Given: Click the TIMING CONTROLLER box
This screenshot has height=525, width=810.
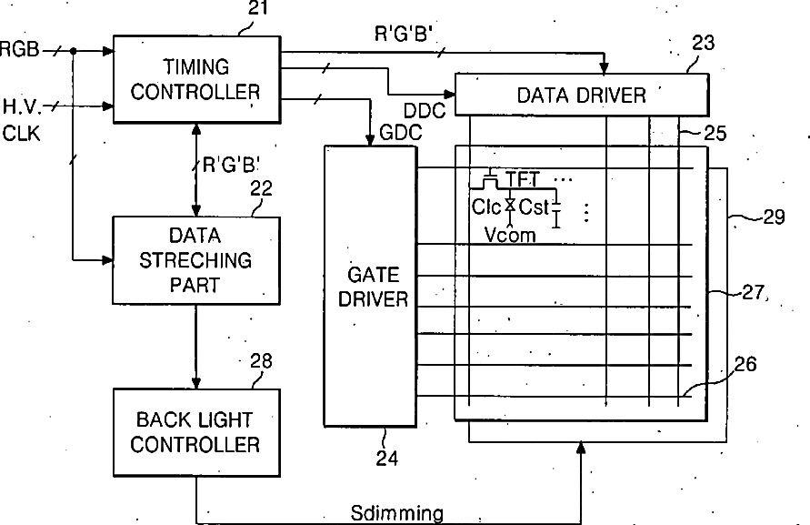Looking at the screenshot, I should pos(196,79).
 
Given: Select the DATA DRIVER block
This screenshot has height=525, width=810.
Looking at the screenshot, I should pos(580,95).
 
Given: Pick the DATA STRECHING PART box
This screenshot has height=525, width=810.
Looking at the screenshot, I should pos(196,260).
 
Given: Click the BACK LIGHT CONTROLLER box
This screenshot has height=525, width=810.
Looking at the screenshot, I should pos(196,432).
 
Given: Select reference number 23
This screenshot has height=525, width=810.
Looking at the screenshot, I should pos(703,42).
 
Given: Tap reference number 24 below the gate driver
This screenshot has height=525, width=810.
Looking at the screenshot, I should pos(387,459).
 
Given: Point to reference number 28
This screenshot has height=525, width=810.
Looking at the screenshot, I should pos(261,361).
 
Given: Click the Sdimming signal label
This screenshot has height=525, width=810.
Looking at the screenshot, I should pos(397,513).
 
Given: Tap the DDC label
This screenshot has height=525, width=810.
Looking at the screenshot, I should pos(424,110).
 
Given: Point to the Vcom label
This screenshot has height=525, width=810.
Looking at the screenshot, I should pos(509,235).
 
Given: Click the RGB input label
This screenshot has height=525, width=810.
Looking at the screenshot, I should pos(20,48).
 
